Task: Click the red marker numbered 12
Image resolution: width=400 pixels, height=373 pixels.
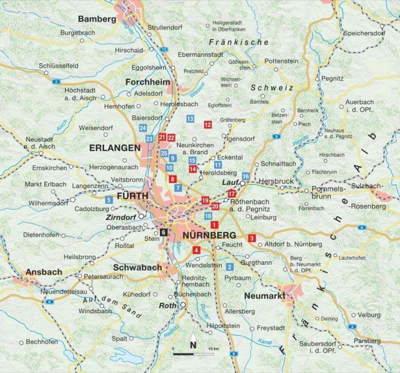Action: coord(208,124)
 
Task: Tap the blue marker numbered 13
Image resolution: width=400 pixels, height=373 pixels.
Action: coord(190,119)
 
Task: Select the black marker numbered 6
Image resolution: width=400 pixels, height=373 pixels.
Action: coord(164,232)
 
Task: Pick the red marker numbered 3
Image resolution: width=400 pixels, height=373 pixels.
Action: coord(252,238)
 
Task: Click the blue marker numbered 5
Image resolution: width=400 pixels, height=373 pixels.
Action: coord(109,200)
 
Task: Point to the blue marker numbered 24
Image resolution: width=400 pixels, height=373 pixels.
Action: coord(142,127)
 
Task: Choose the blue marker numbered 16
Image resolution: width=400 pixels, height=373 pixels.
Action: coord(246,176)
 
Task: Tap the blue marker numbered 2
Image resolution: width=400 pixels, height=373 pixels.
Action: coord(230,267)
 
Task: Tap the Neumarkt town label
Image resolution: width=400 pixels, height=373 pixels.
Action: coord(264,295)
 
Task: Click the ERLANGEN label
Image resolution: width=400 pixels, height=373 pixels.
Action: coord(115,148)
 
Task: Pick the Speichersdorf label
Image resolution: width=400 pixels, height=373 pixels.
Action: coord(364,33)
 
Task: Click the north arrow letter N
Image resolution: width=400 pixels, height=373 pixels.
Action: coord(193,345)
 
